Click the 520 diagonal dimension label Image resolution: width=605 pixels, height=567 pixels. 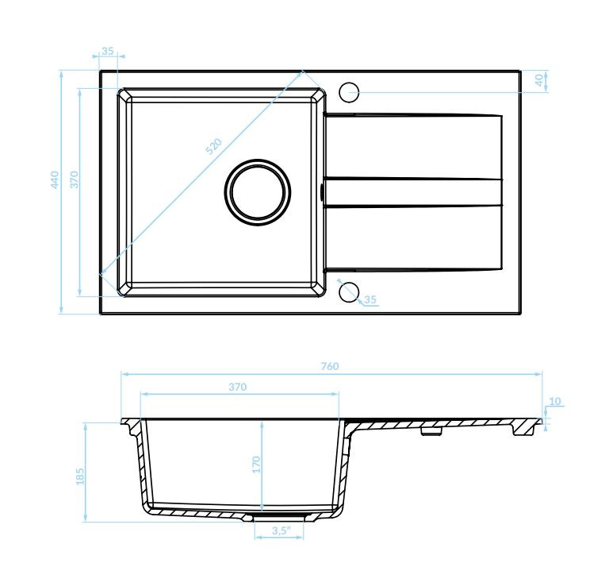pos(214,146)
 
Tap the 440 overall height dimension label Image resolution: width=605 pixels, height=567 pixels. pos(55,179)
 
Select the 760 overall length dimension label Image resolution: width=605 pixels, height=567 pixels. pos(330,366)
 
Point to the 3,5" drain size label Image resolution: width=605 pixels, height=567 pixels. pos(281,530)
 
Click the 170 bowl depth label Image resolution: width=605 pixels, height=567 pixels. pos(256,465)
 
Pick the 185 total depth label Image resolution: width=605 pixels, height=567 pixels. pos(79,476)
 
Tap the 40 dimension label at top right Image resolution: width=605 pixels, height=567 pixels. pos(539,80)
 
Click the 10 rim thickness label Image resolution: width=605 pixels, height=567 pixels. pos(555,401)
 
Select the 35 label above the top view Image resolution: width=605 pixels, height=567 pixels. pos(108,51)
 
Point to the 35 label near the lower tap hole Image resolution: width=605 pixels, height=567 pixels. pos(370,299)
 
